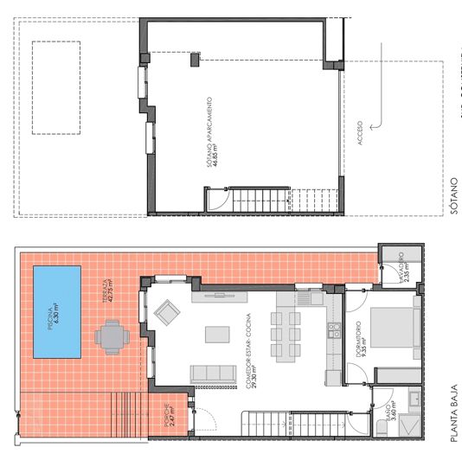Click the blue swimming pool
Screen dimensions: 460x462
click(57, 312)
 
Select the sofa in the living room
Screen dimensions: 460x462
click(213, 374)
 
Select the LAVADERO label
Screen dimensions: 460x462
click(402, 267)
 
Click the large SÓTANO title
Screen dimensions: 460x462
click(452, 197)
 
